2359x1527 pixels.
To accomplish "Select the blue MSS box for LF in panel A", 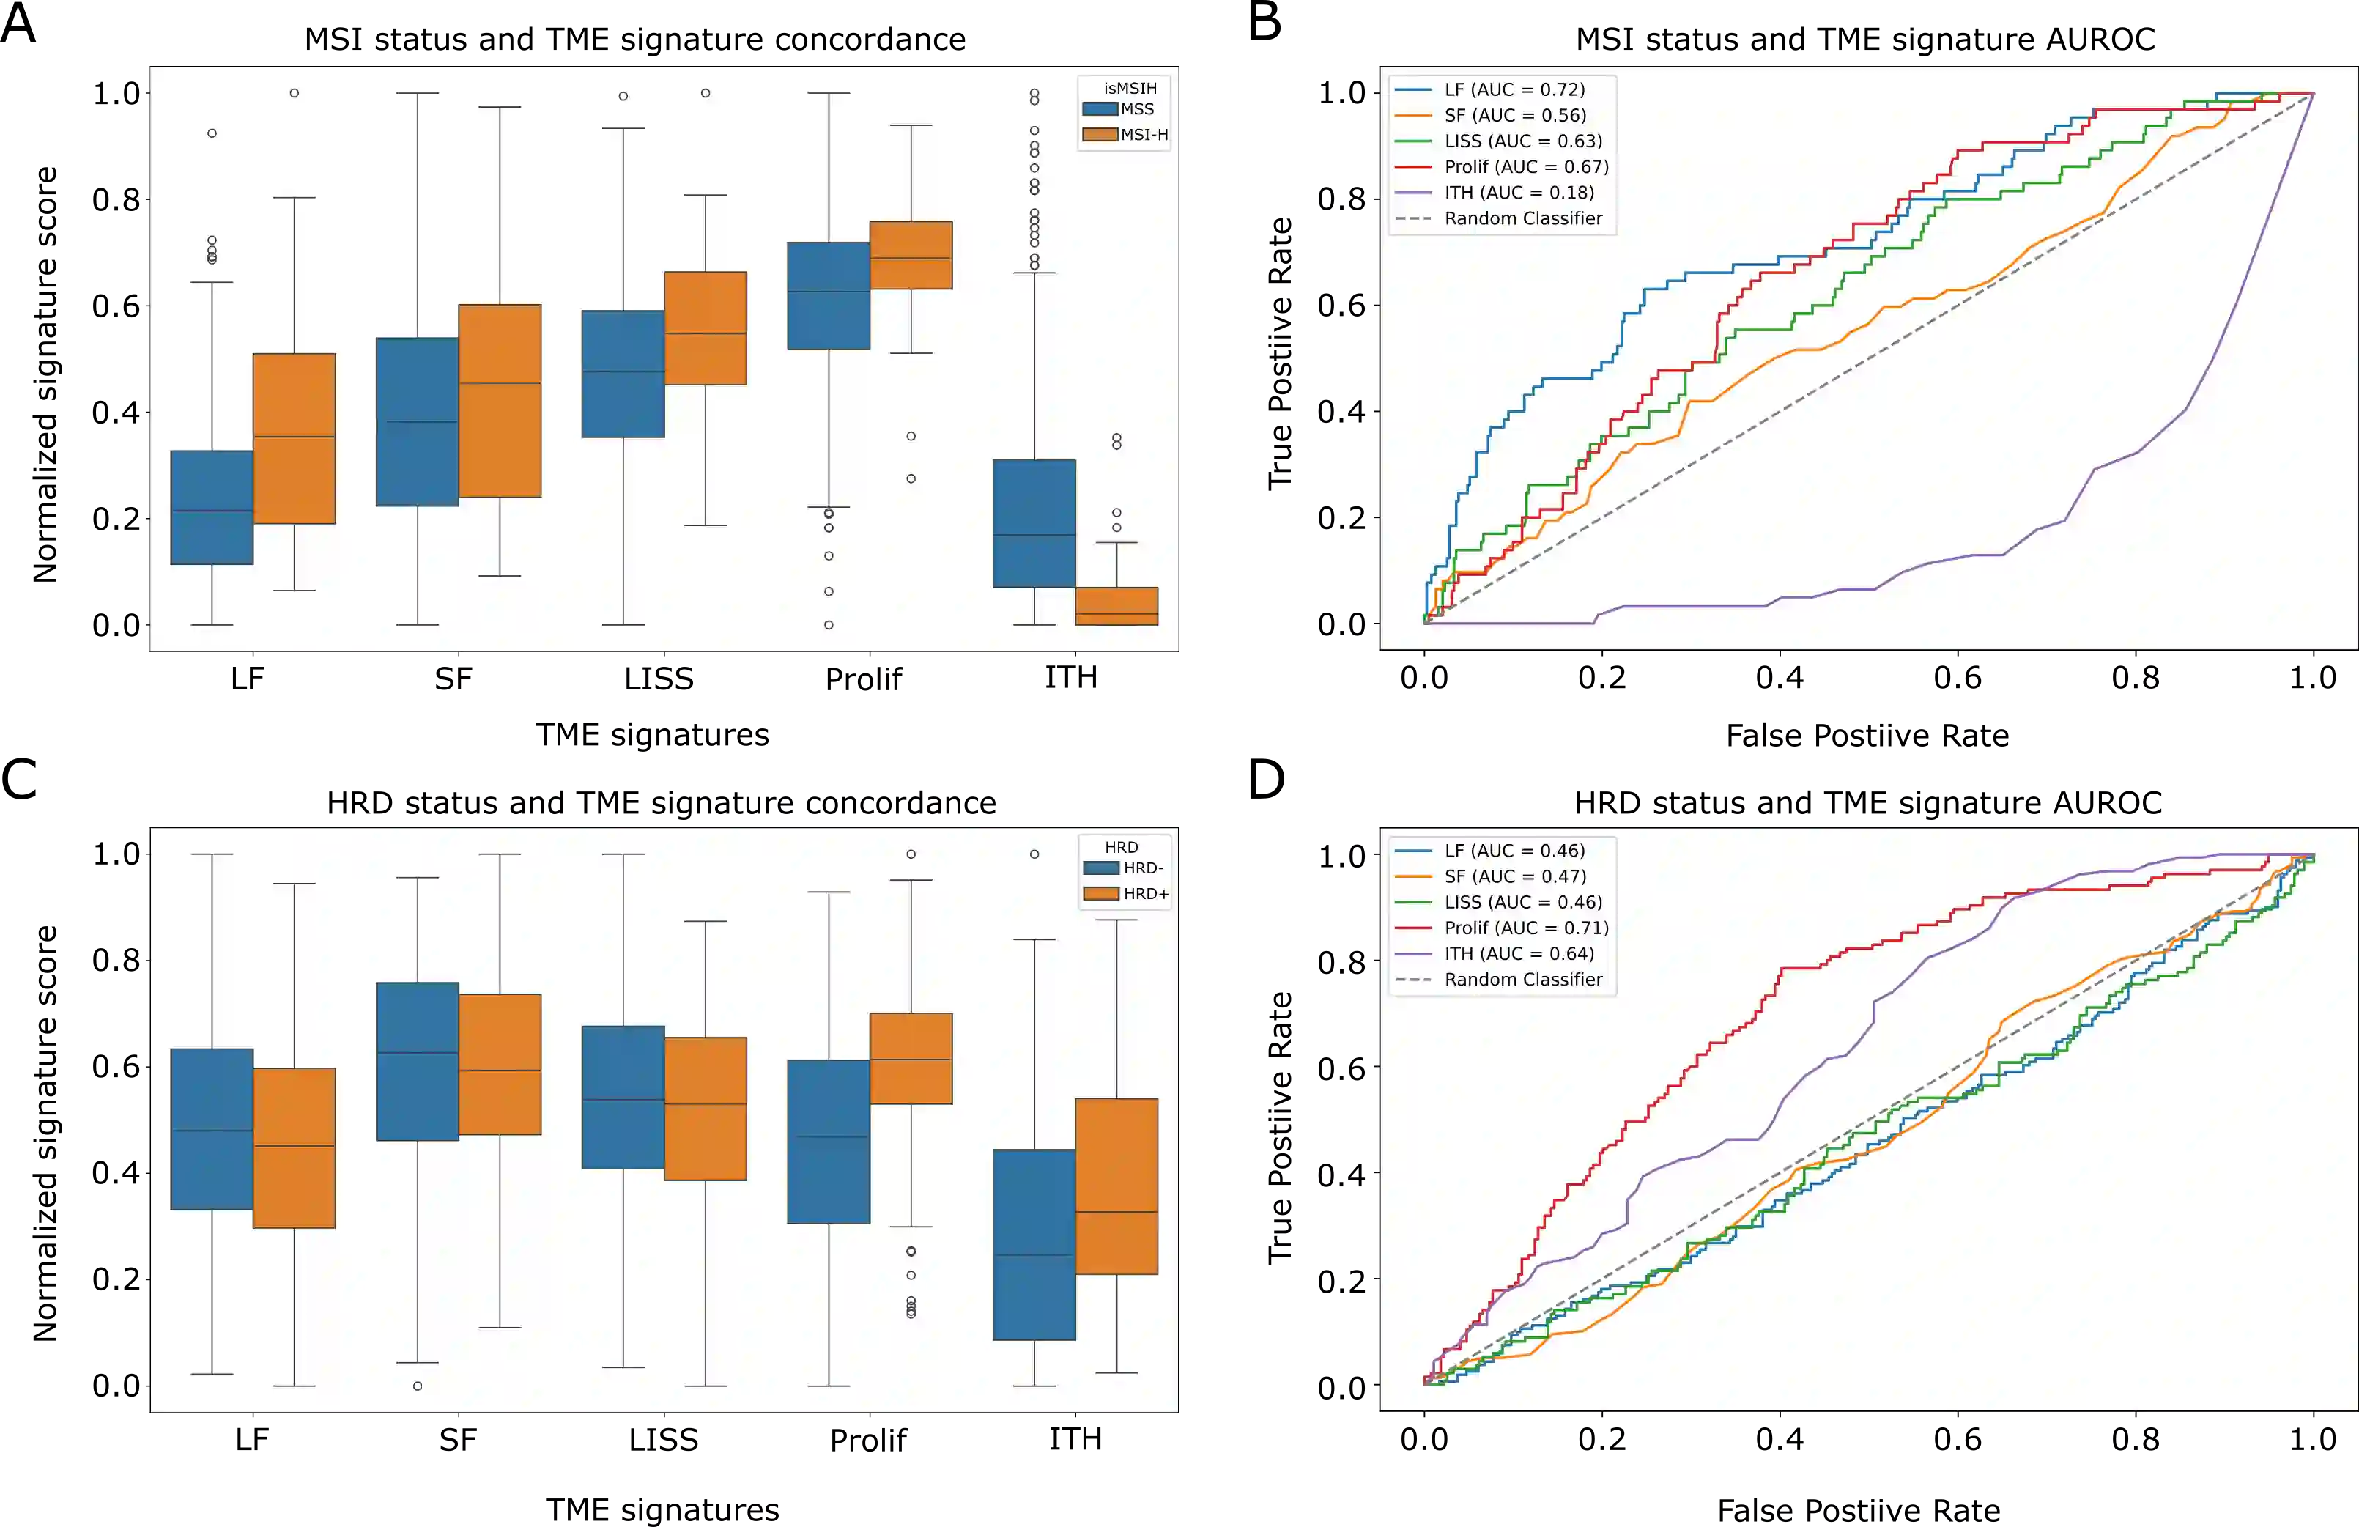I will (x=212, y=507).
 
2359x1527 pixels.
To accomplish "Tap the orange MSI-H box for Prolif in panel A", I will (x=911, y=255).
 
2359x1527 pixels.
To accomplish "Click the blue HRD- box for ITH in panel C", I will (x=1034, y=1243).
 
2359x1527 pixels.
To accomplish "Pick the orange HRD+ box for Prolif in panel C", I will (x=911, y=1058).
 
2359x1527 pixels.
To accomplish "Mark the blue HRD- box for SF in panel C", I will (x=418, y=1061).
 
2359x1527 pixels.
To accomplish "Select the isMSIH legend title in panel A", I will (x=1129, y=88).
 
